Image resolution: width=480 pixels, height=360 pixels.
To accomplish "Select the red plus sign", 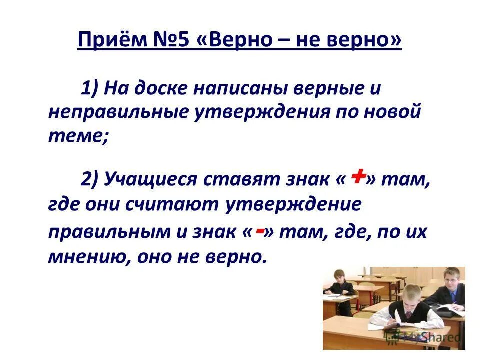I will tap(357, 176).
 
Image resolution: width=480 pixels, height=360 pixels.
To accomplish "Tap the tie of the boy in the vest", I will tap(409, 315).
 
